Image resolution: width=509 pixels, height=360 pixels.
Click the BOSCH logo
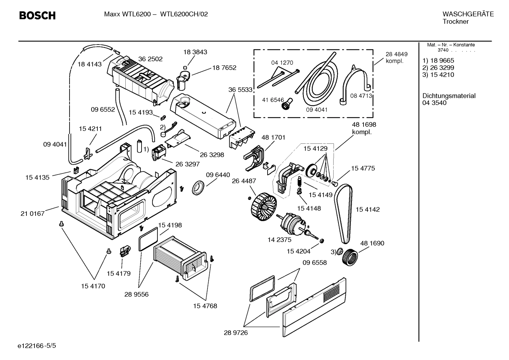(x=37, y=16)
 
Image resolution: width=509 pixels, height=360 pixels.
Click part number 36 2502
(x=150, y=59)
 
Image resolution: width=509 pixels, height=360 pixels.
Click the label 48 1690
(x=372, y=243)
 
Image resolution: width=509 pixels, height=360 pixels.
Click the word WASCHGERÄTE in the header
(x=468, y=14)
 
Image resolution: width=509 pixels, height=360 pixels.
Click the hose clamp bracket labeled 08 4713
(x=355, y=83)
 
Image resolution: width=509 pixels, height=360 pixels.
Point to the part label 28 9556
(x=136, y=294)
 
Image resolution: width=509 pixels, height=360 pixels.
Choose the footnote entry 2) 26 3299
(x=438, y=67)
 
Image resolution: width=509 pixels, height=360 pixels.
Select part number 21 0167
(x=32, y=213)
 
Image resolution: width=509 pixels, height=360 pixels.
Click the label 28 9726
(x=236, y=333)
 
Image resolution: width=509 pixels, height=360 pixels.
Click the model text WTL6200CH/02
(x=184, y=14)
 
